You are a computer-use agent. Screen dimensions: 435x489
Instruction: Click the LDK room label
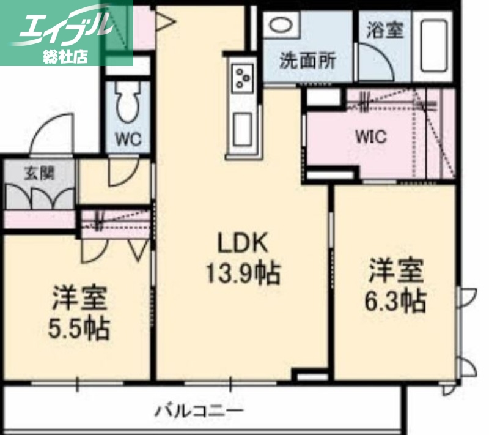tap(243, 243)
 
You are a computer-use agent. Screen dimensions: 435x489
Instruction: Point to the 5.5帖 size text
tap(79, 329)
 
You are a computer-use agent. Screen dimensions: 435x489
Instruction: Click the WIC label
tap(371, 136)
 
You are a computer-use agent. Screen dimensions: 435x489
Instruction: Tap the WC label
tap(128, 139)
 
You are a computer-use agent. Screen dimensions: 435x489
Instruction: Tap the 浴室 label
tap(385, 29)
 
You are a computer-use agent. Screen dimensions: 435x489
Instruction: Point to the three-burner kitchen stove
tap(243, 78)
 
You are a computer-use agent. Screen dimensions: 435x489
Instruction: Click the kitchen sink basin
tap(242, 128)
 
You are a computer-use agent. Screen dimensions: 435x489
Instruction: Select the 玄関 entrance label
tap(39, 173)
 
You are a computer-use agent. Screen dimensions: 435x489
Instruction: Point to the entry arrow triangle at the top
tap(166, 23)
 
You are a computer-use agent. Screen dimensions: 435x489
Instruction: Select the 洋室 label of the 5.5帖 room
tap(79, 299)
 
